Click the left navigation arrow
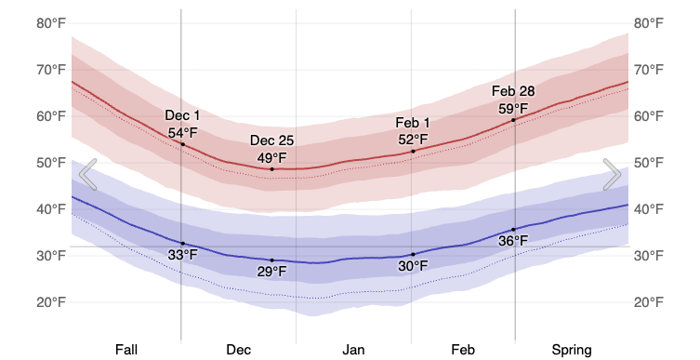click(87, 174)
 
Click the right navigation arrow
click(612, 174)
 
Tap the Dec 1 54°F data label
click(182, 124)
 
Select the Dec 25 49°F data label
click(272, 149)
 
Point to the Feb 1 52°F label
click(413, 131)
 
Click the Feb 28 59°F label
click(513, 100)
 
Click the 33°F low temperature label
click(182, 255)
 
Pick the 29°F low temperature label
click(272, 272)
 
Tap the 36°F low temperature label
click(513, 241)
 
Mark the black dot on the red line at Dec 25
click(272, 168)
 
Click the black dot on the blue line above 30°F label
click(413, 254)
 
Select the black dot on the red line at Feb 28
click(513, 120)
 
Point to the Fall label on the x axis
click(126, 350)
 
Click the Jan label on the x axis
click(353, 350)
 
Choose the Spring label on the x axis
click(571, 350)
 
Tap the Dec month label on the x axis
click(238, 350)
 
